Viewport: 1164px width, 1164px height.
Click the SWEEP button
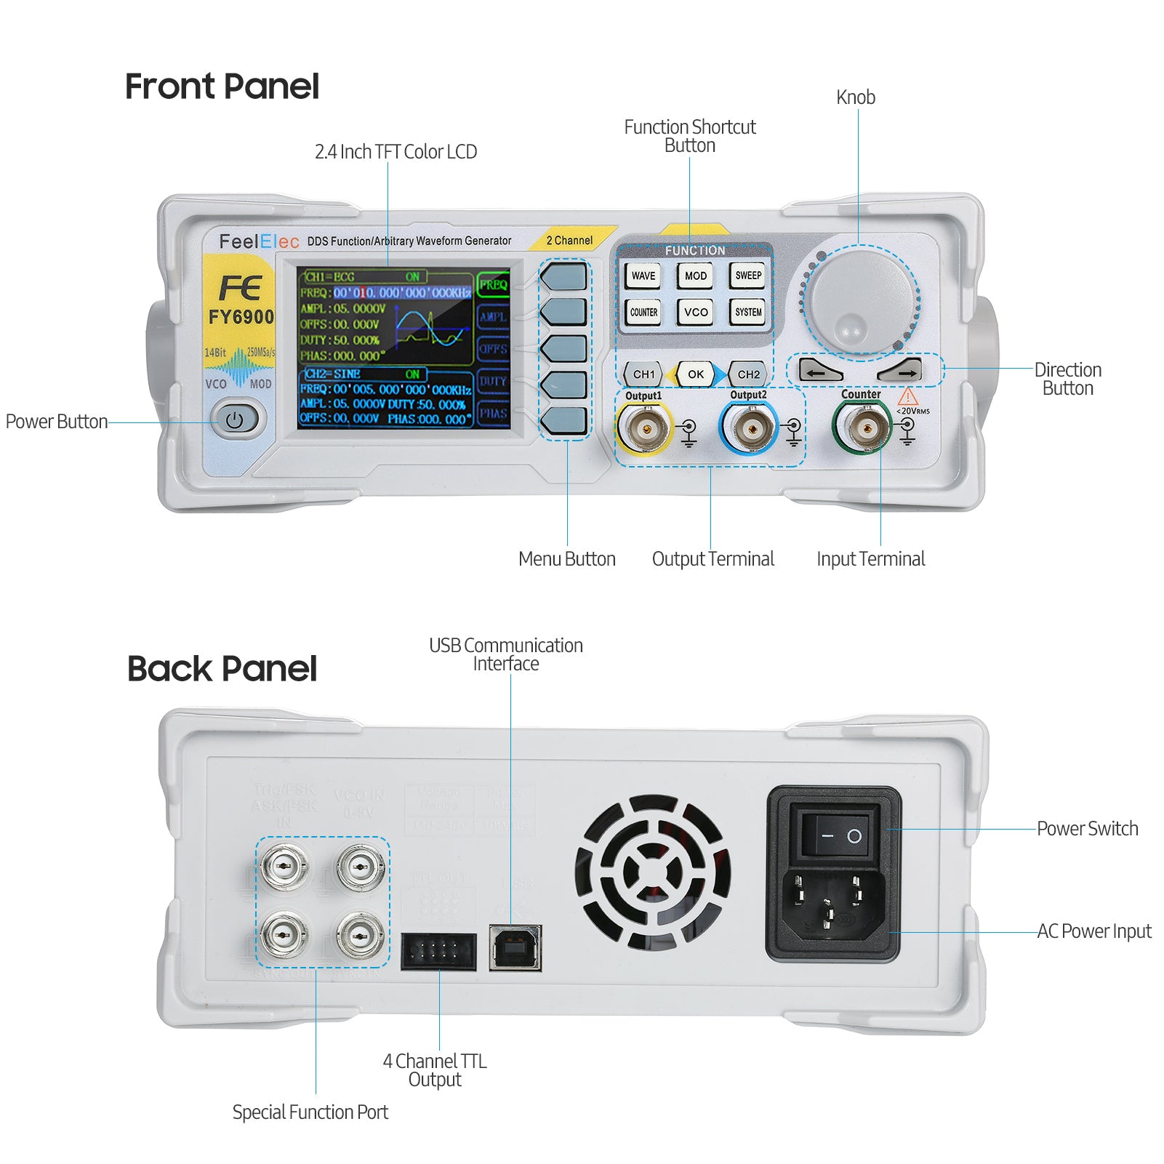click(x=748, y=276)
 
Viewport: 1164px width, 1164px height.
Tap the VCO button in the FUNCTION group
click(x=696, y=312)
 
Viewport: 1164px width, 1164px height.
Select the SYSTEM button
click(x=748, y=312)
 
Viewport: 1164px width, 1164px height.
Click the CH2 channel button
click(x=748, y=374)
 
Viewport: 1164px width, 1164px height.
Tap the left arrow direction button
click(x=819, y=371)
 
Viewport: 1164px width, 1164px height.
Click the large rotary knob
click(x=860, y=302)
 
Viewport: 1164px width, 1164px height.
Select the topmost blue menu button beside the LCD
click(x=563, y=277)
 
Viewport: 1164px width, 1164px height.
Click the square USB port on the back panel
click(x=515, y=947)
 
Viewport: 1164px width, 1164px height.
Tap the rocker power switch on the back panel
click(x=840, y=835)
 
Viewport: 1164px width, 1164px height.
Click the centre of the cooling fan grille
click(x=652, y=872)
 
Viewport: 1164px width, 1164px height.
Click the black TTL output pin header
click(x=438, y=952)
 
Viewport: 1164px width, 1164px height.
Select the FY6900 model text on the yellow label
click(x=241, y=317)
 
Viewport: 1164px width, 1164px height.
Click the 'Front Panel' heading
click(x=222, y=87)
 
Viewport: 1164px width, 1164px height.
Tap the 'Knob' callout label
click(x=855, y=97)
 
